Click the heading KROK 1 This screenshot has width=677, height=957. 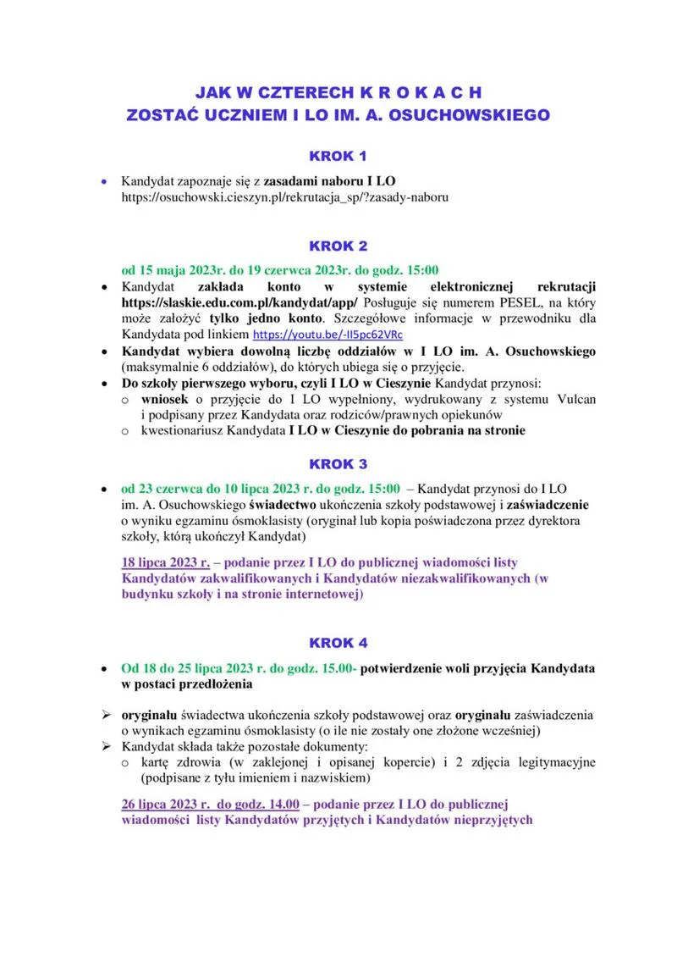pyautogui.click(x=338, y=157)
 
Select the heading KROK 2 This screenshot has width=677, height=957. pyautogui.click(x=338, y=246)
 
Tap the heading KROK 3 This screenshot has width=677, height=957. pyautogui.click(x=338, y=464)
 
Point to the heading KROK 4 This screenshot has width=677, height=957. pyautogui.click(x=338, y=643)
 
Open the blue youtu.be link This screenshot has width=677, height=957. pyautogui.click(x=328, y=335)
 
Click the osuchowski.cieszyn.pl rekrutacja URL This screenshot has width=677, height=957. pyautogui.click(x=284, y=196)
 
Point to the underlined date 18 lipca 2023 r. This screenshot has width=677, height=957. pyautogui.click(x=165, y=562)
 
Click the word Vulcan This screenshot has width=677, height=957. pyautogui.click(x=575, y=399)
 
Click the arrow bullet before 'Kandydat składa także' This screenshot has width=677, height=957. pyautogui.click(x=107, y=746)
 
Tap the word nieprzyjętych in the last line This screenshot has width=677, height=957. pyautogui.click(x=483, y=820)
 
